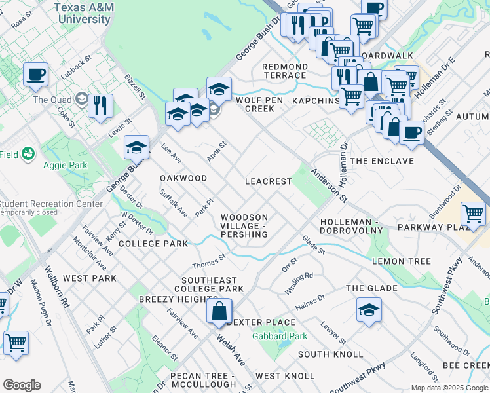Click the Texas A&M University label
tap(83, 13)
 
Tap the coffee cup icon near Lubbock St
tap(36, 75)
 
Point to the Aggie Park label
tap(65, 166)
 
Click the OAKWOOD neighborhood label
tap(183, 178)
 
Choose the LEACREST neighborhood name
tap(268, 181)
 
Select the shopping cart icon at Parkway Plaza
tap(473, 214)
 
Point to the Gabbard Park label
tap(280, 337)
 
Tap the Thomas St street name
tap(208, 262)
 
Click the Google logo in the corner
tap(22, 385)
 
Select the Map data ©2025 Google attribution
tap(449, 388)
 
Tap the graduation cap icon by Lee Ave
tap(137, 148)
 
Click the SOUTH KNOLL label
tap(330, 354)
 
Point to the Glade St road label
tap(313, 246)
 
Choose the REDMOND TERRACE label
tap(285, 71)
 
